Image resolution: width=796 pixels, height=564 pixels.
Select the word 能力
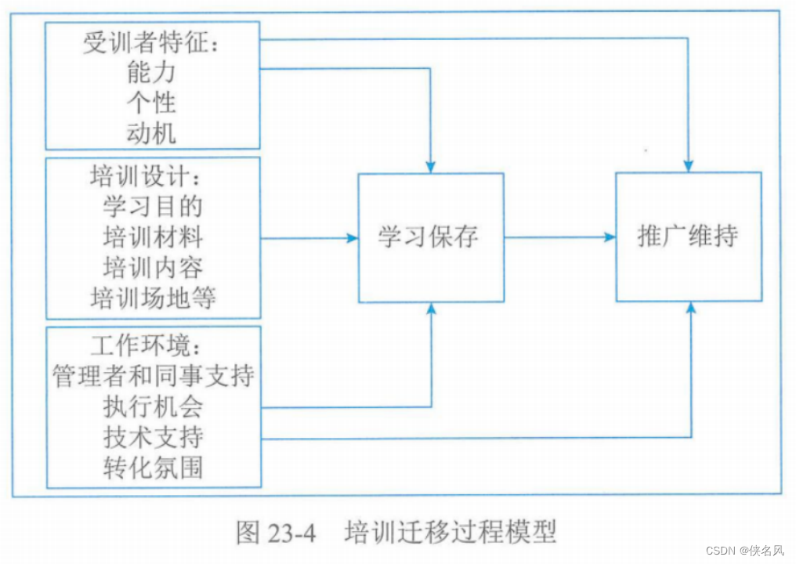pyautogui.click(x=152, y=74)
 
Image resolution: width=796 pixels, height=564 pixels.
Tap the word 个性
pyautogui.click(x=152, y=103)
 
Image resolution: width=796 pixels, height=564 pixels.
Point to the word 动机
pyautogui.click(x=152, y=132)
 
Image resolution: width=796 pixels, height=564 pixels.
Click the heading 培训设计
pyautogui.click(x=146, y=177)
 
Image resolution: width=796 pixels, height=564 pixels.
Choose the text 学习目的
pyautogui.click(x=153, y=206)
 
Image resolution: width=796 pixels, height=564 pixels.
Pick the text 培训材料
pyautogui.click(x=153, y=237)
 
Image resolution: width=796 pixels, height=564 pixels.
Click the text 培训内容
pyautogui.click(x=153, y=267)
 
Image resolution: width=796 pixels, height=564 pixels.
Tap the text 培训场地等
pyautogui.click(x=153, y=298)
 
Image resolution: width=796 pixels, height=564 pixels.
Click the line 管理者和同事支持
pyautogui.click(x=153, y=376)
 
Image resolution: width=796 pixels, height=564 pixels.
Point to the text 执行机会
pyautogui.click(x=153, y=407)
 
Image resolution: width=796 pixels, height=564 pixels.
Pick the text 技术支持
pyautogui.click(x=153, y=437)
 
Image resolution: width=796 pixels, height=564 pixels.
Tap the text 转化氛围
pyautogui.click(x=153, y=468)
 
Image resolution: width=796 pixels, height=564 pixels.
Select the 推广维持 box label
pyautogui.click(x=688, y=237)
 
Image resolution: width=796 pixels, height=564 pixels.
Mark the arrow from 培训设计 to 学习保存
pyautogui.click(x=309, y=237)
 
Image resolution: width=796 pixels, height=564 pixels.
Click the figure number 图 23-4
pyautogui.click(x=275, y=533)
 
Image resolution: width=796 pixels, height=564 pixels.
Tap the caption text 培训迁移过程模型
pyautogui.click(x=450, y=533)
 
